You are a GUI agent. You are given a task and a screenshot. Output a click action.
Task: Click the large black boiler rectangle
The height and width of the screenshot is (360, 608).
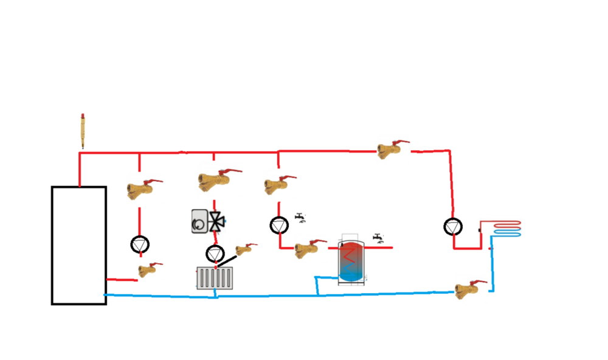(x=78, y=245)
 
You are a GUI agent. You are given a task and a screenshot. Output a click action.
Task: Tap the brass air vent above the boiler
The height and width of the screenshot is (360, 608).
(x=82, y=130)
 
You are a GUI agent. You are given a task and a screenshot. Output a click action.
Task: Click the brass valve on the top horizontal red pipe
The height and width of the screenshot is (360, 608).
(x=391, y=149)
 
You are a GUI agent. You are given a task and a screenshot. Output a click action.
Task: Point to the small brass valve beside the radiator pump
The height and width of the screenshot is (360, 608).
(x=244, y=249)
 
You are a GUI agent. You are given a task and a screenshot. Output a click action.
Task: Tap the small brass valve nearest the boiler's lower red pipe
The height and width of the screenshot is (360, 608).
(x=147, y=269)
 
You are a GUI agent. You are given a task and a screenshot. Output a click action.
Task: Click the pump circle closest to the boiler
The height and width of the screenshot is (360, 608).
(x=140, y=244)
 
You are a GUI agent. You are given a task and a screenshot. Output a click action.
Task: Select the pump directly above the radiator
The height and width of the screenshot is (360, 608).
(x=215, y=253)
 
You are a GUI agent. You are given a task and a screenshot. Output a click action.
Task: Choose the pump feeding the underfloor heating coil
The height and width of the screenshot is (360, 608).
(x=452, y=227)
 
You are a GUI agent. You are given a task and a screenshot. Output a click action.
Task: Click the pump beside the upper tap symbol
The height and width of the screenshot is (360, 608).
(x=278, y=225)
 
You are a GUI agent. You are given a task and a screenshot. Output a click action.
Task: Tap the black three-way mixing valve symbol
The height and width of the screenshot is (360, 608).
(x=216, y=222)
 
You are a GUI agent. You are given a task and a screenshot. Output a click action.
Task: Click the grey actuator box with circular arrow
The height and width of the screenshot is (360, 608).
(x=200, y=221)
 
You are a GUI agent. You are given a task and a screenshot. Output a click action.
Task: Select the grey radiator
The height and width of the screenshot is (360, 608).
(x=215, y=278)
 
